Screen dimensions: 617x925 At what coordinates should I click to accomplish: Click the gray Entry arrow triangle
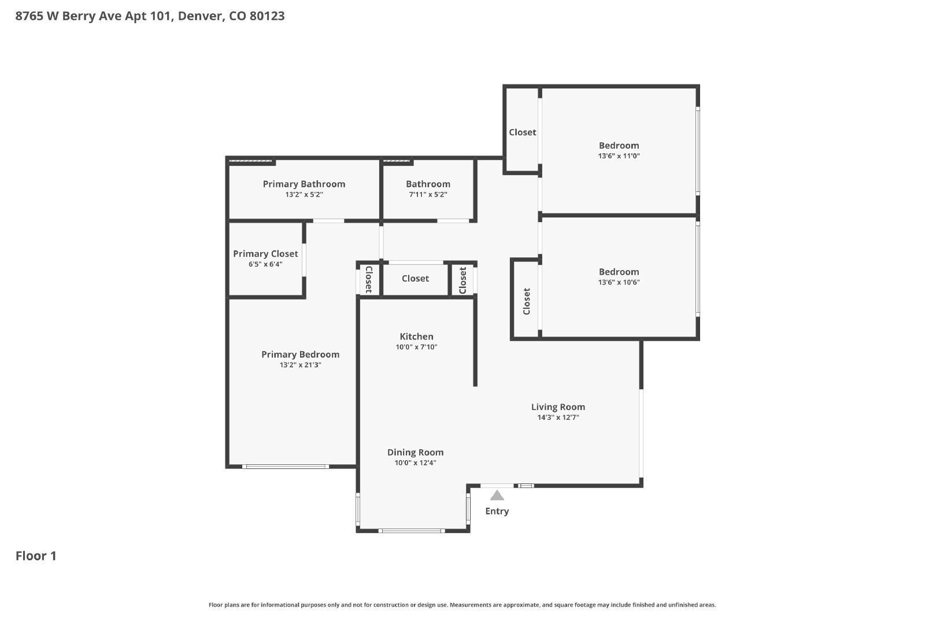click(x=497, y=496)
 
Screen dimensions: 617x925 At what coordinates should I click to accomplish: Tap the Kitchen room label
click(x=416, y=337)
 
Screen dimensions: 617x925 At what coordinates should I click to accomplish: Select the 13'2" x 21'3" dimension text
click(x=300, y=365)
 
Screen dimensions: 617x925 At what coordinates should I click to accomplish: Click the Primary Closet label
click(x=265, y=254)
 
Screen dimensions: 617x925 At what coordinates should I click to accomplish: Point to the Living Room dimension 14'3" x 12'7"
click(x=558, y=418)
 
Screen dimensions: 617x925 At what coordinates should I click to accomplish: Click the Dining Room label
click(x=415, y=453)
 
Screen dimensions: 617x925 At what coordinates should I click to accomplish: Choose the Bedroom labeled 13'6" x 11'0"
click(x=619, y=146)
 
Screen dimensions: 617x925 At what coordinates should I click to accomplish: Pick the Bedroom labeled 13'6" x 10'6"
click(x=619, y=272)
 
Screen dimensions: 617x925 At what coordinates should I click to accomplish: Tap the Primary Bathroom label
click(x=304, y=184)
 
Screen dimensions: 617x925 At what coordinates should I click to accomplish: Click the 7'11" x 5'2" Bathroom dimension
click(x=428, y=195)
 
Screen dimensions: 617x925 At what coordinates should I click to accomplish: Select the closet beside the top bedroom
click(x=522, y=132)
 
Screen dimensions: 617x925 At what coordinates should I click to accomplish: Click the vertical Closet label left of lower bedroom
click(x=527, y=301)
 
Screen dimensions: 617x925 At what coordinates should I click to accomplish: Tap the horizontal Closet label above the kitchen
click(x=415, y=279)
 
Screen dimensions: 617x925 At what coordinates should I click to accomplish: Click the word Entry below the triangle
click(x=497, y=511)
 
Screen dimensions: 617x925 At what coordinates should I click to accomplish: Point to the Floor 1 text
click(x=36, y=556)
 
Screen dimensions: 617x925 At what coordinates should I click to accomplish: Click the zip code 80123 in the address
click(x=267, y=16)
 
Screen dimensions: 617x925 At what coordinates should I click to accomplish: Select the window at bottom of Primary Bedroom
click(x=286, y=466)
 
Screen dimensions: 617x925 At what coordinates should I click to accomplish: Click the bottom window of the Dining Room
click(x=411, y=530)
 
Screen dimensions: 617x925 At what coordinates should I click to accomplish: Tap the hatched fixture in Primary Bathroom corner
click(x=251, y=161)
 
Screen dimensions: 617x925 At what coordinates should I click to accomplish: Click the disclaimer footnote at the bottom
click(x=462, y=605)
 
